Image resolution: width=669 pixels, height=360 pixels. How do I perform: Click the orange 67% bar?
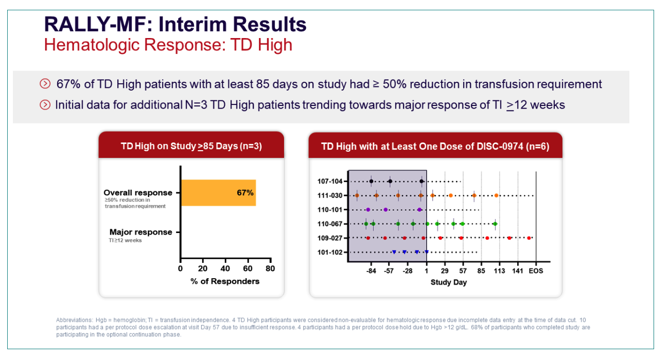[219, 192]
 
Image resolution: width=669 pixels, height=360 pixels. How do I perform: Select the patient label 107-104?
[330, 181]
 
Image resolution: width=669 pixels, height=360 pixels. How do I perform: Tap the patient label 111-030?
[330, 195]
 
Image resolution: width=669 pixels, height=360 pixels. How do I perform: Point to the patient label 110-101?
[330, 209]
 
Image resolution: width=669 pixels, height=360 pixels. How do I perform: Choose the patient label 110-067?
[330, 224]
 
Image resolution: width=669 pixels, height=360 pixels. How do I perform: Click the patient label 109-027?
[330, 238]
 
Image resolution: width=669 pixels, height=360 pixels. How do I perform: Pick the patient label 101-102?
[330, 252]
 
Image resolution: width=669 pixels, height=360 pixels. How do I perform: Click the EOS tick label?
[536, 271]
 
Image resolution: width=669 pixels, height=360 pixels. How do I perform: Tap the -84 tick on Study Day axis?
[371, 271]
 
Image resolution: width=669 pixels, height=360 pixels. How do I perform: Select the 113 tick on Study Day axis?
[499, 271]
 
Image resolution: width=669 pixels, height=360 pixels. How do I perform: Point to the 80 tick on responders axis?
[270, 268]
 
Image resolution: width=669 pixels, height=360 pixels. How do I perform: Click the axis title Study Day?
[449, 282]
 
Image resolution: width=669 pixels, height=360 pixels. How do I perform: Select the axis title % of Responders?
[225, 281]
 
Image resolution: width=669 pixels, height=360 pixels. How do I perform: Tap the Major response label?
[140, 232]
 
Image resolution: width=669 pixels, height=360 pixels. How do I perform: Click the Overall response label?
[138, 192]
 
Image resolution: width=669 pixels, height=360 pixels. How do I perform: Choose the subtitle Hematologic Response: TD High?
[168, 45]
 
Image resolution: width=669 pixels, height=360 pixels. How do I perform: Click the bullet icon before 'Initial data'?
[45, 105]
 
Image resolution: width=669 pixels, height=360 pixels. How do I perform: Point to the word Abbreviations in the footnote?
[75, 320]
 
